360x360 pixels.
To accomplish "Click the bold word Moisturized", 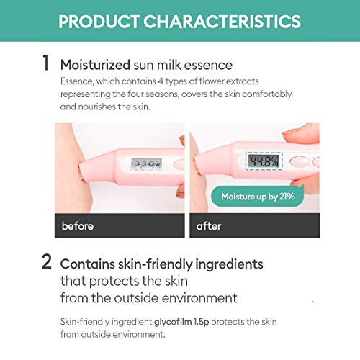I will pos(95,64).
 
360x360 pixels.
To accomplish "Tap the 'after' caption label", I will pos(210,226).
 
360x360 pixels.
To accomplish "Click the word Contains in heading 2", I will pos(88,264).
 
